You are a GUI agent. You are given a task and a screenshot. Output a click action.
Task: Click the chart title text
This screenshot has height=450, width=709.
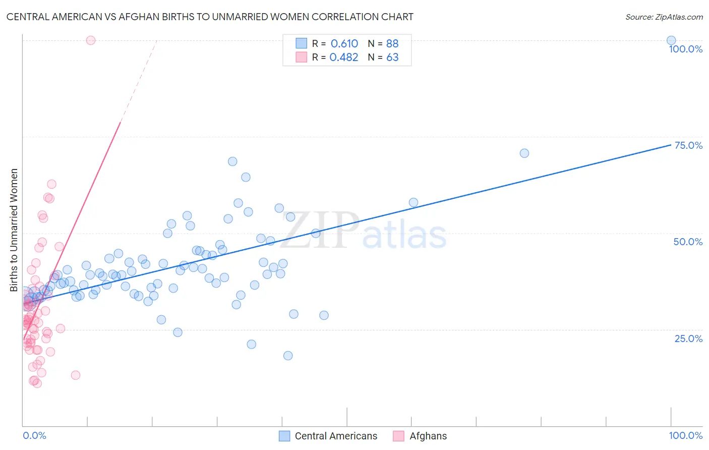[x=210, y=17]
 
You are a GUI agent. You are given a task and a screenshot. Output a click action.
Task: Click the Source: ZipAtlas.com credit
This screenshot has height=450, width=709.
[x=664, y=17]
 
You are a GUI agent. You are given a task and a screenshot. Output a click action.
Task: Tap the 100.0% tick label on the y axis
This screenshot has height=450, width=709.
[x=685, y=49]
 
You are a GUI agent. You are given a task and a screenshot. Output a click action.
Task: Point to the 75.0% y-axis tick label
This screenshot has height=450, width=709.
[x=688, y=145]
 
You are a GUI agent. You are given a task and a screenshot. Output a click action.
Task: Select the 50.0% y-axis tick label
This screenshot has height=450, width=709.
[x=688, y=242]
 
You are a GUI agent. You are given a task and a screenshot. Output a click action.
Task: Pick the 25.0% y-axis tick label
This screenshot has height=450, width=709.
[x=688, y=338]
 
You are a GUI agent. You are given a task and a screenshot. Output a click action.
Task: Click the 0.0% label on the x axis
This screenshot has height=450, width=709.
[x=34, y=435]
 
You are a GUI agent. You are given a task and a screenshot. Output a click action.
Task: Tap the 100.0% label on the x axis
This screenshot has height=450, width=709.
[x=685, y=435]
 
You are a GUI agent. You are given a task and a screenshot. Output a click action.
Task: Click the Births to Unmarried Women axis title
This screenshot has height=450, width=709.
[x=14, y=230]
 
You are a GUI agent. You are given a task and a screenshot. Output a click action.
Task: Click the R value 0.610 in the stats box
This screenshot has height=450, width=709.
[x=344, y=44]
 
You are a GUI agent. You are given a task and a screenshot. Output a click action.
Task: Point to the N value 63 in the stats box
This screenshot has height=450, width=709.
[x=392, y=58]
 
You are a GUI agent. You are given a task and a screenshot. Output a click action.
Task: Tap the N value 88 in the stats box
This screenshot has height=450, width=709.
[x=392, y=44]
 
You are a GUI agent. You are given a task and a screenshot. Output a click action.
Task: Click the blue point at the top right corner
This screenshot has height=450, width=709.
[x=671, y=40]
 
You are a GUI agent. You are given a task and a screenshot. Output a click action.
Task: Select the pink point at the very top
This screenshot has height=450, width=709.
[x=91, y=40]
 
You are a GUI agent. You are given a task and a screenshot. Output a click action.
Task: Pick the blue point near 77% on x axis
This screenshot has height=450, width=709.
[x=524, y=153]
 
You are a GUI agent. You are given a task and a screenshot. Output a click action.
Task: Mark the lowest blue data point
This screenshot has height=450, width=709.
[x=288, y=356]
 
